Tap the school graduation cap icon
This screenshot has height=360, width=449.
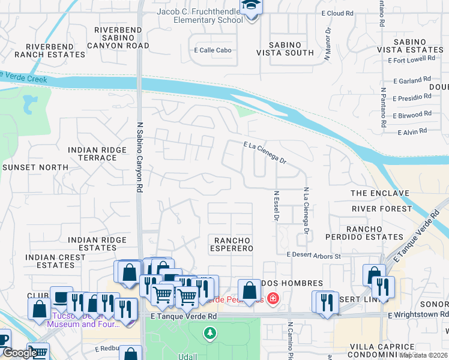click(250, 7)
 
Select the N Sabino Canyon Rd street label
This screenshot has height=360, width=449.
click(139, 162)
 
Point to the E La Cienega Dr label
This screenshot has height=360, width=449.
click(265, 152)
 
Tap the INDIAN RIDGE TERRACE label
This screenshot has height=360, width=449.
click(92, 154)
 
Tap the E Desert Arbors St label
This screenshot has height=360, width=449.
click(314, 256)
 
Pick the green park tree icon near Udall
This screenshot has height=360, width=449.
click(209, 332)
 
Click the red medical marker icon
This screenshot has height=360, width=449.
click(273, 298)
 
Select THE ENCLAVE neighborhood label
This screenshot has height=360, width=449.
click(379, 193)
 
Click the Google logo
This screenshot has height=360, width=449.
click(19, 353)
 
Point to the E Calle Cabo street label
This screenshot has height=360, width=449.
click(212, 51)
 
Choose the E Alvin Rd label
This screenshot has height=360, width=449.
click(411, 131)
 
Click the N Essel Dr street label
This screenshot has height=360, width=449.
click(276, 206)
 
